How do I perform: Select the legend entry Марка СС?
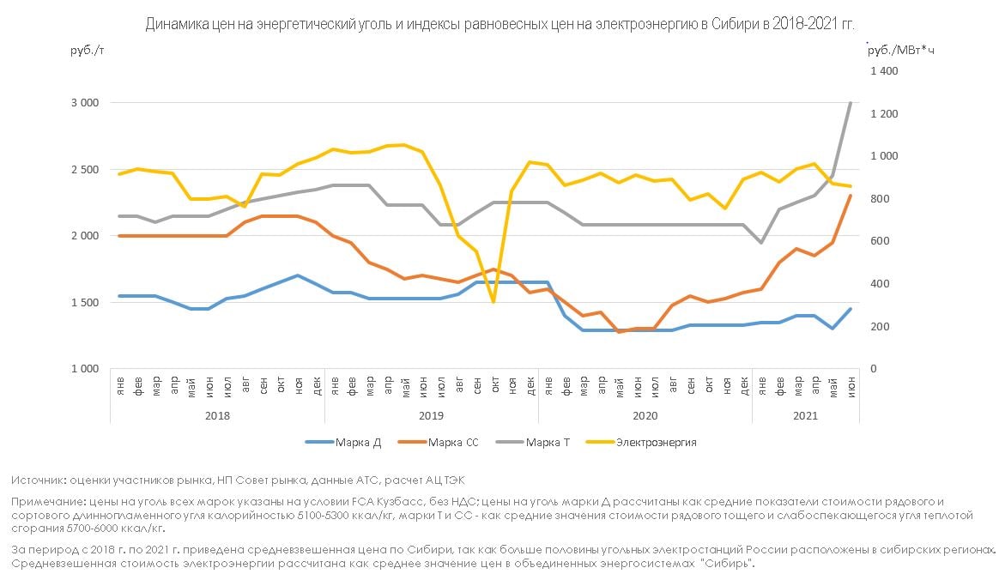(453, 443)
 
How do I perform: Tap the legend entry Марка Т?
(548, 443)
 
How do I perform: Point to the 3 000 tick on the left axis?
(85, 103)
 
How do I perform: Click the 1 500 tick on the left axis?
(85, 302)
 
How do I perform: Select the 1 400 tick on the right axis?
(883, 71)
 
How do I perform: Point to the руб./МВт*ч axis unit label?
(901, 51)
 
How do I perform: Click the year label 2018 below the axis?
(218, 415)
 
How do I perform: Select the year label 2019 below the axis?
(432, 415)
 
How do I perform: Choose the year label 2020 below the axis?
(645, 415)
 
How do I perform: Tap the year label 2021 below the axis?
(805, 415)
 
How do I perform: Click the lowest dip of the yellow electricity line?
(493, 302)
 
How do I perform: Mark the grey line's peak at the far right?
(850, 103)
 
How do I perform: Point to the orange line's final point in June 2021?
(850, 196)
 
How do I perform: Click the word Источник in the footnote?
(39, 480)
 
